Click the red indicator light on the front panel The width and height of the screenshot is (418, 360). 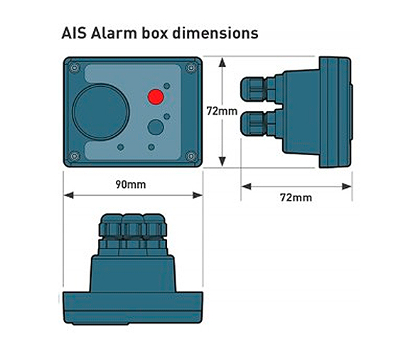(156, 97)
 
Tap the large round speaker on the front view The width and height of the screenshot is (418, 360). (101, 112)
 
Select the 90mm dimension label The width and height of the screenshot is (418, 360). (131, 184)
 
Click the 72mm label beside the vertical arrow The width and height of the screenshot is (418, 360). (222, 111)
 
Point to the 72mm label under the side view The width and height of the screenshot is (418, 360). (296, 198)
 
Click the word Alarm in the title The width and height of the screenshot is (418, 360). (114, 33)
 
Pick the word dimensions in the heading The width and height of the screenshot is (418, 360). (215, 33)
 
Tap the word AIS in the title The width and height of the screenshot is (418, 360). (74, 33)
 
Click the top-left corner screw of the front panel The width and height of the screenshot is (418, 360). (75, 68)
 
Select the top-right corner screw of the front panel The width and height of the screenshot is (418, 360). (191, 68)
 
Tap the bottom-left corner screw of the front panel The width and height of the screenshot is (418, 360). (75, 156)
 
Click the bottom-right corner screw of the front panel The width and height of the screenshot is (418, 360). (191, 156)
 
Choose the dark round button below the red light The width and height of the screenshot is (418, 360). (156, 127)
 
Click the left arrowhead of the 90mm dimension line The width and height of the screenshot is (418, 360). (68, 196)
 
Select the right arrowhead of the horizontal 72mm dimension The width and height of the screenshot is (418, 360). (347, 186)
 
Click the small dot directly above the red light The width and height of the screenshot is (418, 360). (166, 86)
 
